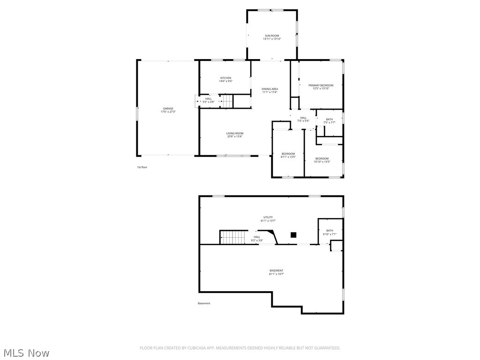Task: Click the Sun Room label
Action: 272,36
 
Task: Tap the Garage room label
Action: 168,109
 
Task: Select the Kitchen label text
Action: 226,78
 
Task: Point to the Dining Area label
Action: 270,89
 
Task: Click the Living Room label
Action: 235,134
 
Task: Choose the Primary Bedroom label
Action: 321,85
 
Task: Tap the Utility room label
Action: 268,217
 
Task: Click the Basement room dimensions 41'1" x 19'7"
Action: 276,274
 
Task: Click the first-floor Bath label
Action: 330,120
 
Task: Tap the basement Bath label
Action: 330,231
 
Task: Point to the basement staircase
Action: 232,237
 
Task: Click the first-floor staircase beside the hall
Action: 227,101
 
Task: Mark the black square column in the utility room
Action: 293,235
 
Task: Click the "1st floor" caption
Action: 142,167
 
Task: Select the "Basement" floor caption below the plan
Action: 204,303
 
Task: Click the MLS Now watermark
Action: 26,352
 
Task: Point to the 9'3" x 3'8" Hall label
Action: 257,237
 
